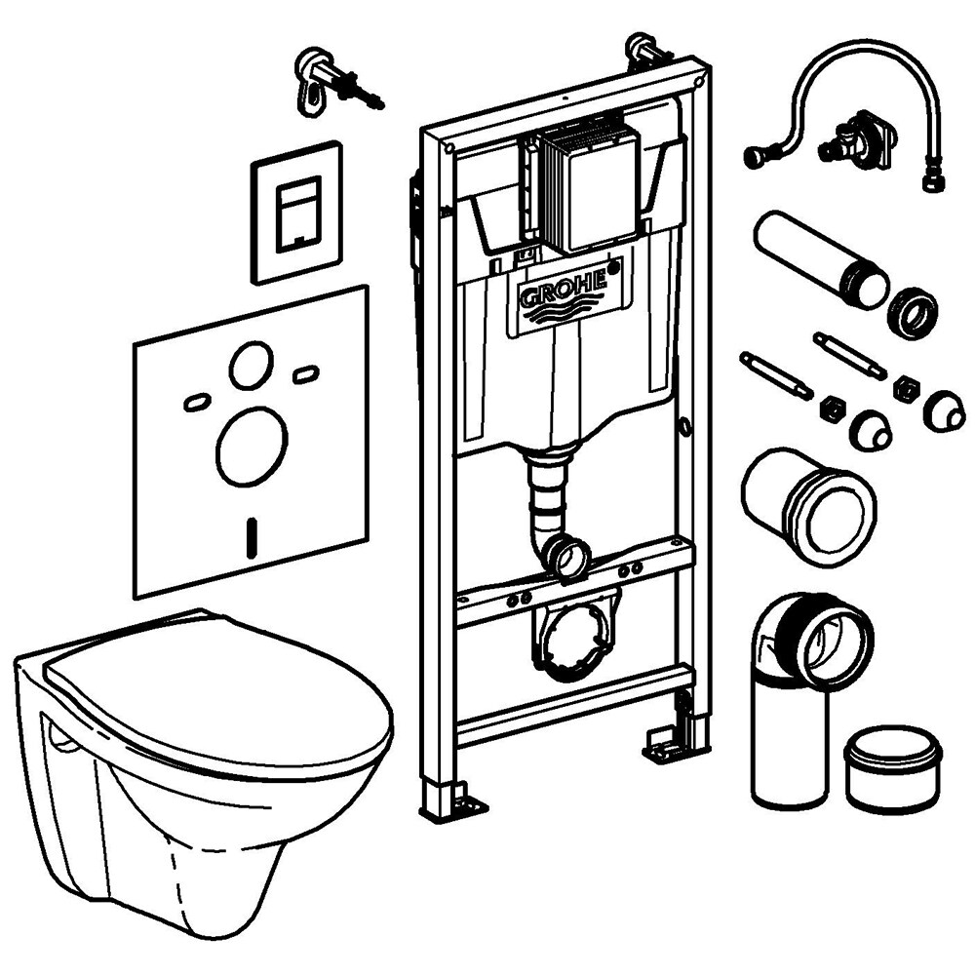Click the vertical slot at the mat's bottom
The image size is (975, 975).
tap(253, 534)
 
